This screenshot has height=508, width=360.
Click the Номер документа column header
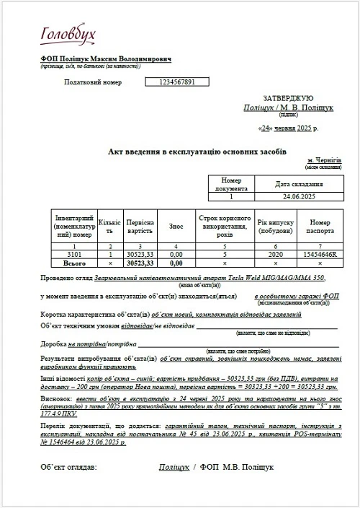[x=231, y=183]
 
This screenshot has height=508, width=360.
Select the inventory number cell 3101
[x=74, y=255]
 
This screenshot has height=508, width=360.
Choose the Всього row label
[x=74, y=263]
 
